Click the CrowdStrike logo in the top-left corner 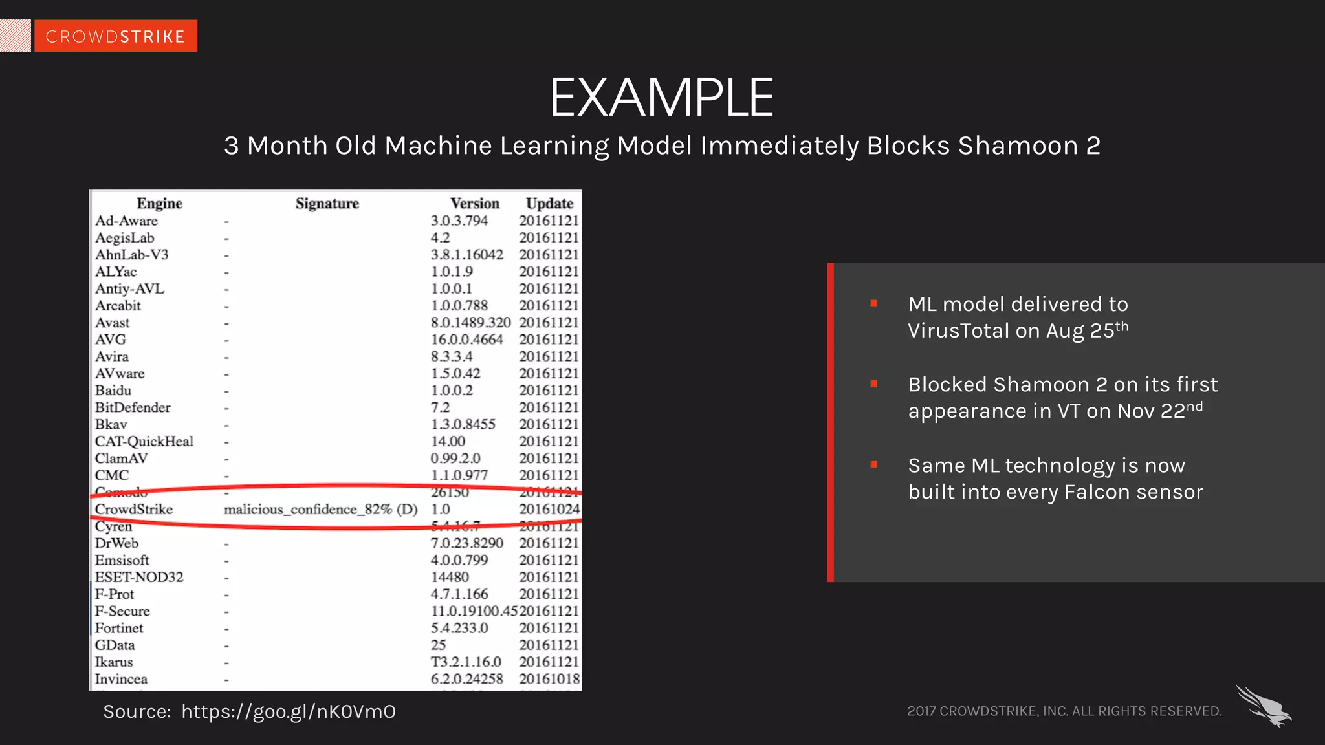(115, 36)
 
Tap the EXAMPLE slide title (661, 98)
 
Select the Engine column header (159, 204)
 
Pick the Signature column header (327, 204)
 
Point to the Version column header (475, 204)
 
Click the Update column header (549, 204)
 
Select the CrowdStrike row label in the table (134, 510)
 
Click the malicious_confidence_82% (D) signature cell (320, 510)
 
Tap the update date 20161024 (549, 510)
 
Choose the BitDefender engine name (133, 407)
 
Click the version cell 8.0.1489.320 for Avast (470, 323)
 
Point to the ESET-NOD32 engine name (139, 577)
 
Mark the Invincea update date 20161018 (549, 679)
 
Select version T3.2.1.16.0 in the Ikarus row (466, 662)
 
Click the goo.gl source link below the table (289, 712)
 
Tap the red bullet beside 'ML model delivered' (874, 303)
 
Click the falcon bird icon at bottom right (1264, 706)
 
